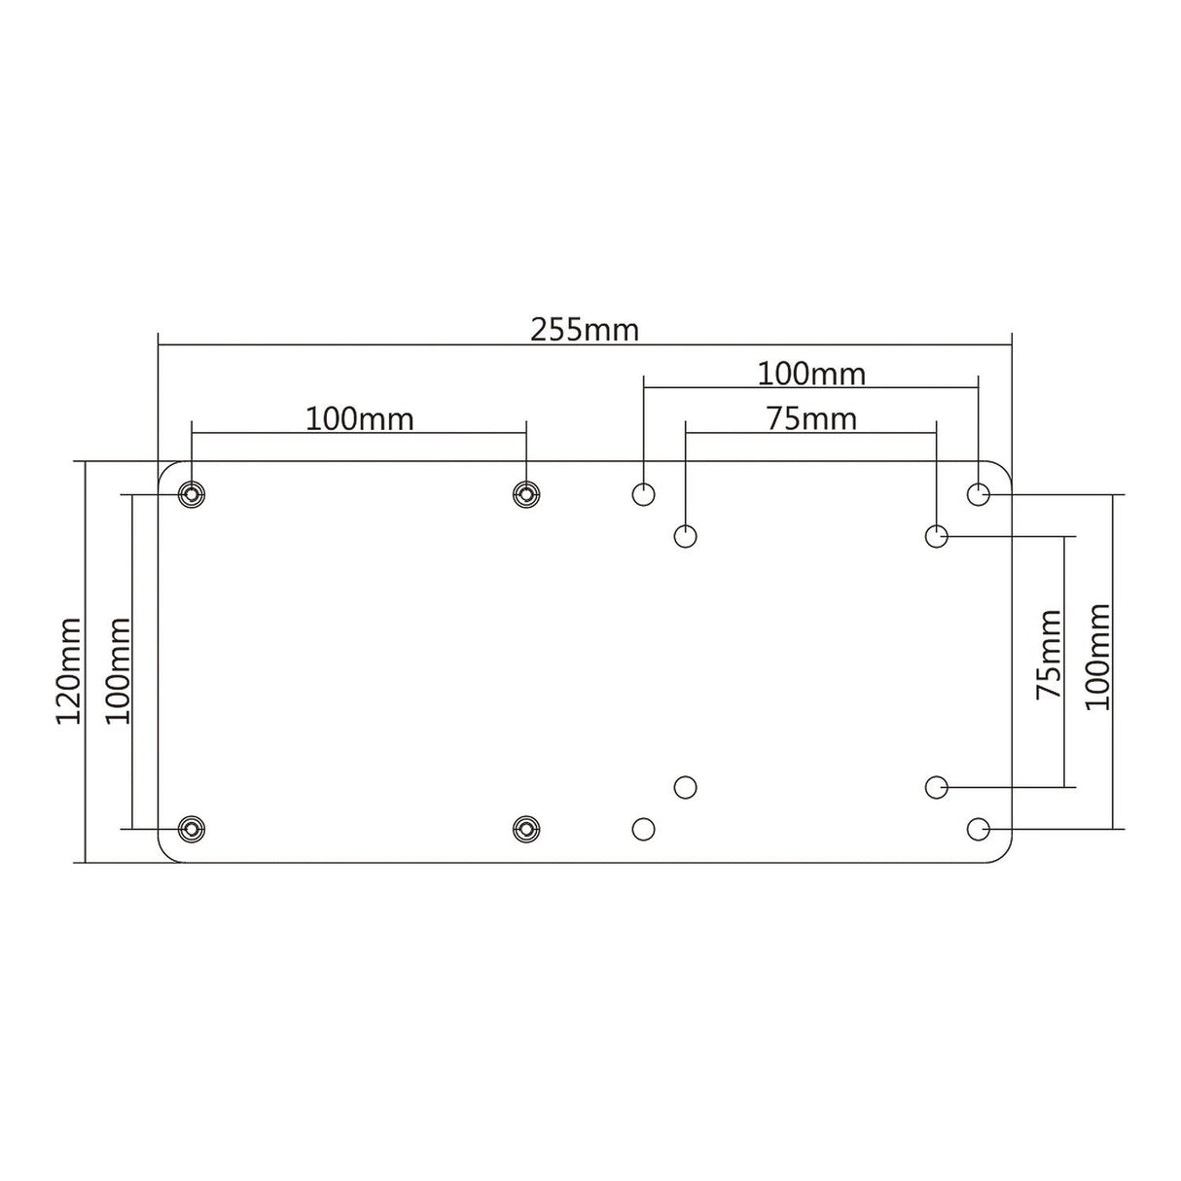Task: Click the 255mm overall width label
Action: [x=584, y=330]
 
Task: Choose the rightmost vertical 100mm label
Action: [x=1097, y=656]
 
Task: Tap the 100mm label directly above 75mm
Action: [x=811, y=373]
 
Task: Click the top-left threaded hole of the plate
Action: [x=193, y=494]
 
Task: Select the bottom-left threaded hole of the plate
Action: [x=193, y=829]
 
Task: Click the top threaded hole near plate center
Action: [x=526, y=494]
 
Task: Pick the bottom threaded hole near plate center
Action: [x=526, y=829]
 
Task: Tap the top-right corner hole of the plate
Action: [x=979, y=494]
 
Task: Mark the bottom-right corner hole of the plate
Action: [x=979, y=829]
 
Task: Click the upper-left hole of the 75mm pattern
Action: [x=686, y=535]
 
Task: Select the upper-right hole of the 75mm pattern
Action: [x=936, y=535]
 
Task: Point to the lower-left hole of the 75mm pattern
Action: [x=686, y=786]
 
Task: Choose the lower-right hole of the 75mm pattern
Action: [x=936, y=786]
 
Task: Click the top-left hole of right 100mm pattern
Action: [x=643, y=494]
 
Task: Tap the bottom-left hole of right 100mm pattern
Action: [x=643, y=829]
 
